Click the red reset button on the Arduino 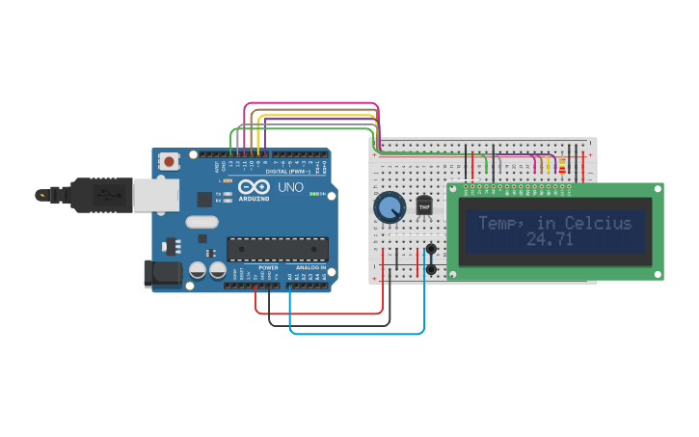(170, 161)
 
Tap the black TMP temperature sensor (424, 205)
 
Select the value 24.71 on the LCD (550, 239)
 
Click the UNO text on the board (290, 186)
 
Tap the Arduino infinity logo (253, 187)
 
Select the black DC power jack (161, 273)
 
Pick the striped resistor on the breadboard (562, 166)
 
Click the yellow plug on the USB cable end (41, 195)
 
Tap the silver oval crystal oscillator (202, 222)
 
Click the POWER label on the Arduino (268, 267)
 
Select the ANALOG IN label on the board (309, 267)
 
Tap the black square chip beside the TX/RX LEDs (204, 200)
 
